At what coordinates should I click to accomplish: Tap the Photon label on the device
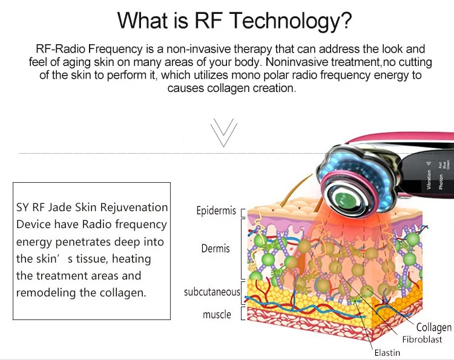pos(440,182)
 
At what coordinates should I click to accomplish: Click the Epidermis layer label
pos(216,211)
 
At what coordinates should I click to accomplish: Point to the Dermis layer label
pos(216,249)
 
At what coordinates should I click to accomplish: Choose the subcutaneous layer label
pos(212,292)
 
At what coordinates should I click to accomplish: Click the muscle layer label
pos(217,314)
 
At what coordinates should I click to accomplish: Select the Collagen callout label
pos(433,327)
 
